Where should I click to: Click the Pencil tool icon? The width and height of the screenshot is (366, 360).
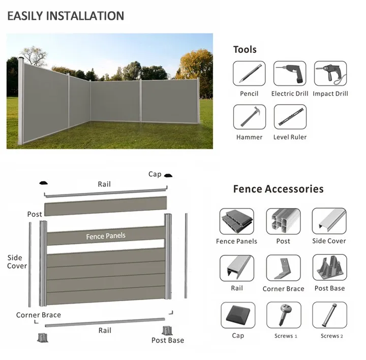[249, 73]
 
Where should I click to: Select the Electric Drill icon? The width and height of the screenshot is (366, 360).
[290, 73]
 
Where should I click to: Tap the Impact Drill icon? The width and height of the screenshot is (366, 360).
[330, 73]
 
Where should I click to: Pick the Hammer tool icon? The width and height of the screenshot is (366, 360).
[249, 117]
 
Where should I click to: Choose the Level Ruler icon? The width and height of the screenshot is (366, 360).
[290, 117]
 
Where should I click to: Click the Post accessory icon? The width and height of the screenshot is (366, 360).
[283, 221]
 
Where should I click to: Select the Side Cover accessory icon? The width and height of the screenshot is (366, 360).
[329, 221]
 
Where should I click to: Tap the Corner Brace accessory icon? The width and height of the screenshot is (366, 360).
[283, 268]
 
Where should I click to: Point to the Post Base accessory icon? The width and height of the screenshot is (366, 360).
[329, 268]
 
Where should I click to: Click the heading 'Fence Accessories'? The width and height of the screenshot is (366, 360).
[278, 189]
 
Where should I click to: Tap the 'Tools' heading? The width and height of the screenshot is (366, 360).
[245, 49]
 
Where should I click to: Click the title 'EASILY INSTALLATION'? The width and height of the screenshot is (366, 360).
[66, 16]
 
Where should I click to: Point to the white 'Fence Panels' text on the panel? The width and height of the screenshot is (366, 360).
[105, 236]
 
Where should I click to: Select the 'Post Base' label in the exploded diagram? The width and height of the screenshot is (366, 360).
[168, 340]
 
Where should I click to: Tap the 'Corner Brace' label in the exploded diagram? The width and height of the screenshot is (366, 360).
[38, 315]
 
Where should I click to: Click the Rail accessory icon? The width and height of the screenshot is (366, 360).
[237, 268]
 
